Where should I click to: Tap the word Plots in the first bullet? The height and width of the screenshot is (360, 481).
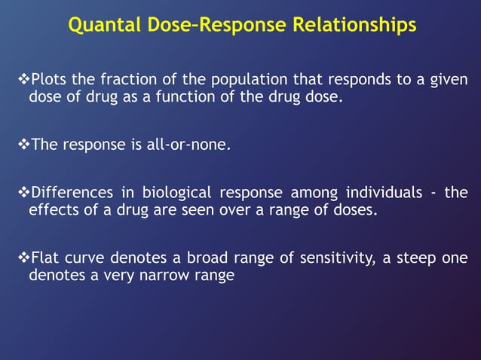(x=49, y=80)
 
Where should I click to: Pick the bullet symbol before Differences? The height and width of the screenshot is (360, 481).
(x=22, y=194)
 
